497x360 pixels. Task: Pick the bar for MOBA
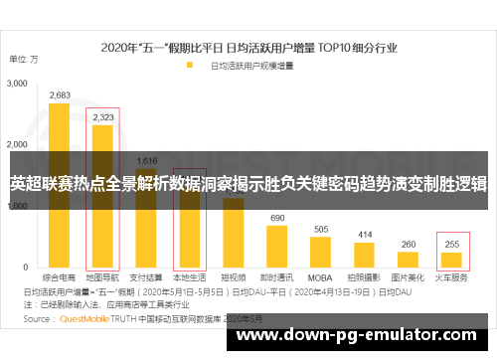point(320,253)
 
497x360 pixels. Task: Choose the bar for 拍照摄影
point(364,256)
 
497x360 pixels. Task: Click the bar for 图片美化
point(408,261)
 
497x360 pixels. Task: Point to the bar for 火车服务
point(451,261)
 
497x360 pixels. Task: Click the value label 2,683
point(60,95)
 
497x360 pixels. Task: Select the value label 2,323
point(102,117)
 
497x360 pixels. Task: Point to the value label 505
point(320,229)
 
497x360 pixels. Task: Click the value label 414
point(364,235)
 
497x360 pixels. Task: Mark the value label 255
point(451,244)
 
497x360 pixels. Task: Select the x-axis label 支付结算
point(146,278)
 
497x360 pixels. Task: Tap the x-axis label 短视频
point(233,278)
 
